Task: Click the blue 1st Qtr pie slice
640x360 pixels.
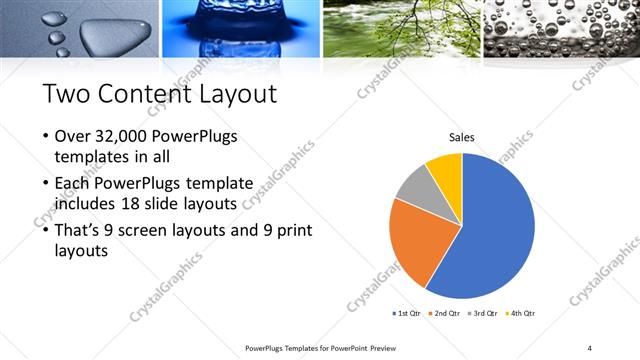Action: pyautogui.click(x=495, y=235)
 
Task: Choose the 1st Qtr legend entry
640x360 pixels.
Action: pyautogui.click(x=409, y=313)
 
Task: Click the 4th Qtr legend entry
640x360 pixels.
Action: pyautogui.click(x=519, y=313)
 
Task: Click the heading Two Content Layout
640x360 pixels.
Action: pyautogui.click(x=160, y=94)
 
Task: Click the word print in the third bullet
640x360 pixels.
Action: pyautogui.click(x=290, y=230)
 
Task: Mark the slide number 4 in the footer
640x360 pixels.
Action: pyautogui.click(x=589, y=347)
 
